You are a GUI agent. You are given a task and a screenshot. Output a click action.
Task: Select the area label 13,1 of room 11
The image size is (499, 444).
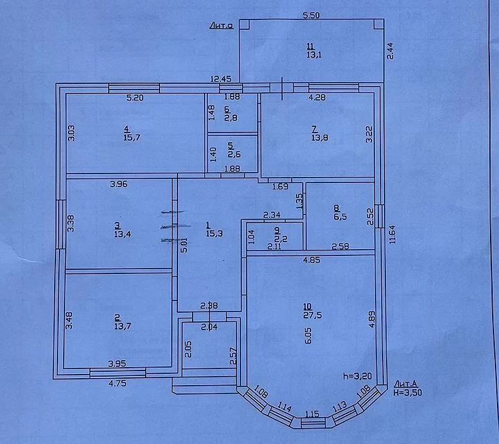click(x=311, y=58)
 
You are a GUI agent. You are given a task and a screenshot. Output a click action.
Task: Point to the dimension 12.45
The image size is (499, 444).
click(x=221, y=80)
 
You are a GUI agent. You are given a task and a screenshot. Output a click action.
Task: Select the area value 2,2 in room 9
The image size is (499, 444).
click(x=277, y=238)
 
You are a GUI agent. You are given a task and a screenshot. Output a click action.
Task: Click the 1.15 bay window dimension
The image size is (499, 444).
click(x=312, y=414)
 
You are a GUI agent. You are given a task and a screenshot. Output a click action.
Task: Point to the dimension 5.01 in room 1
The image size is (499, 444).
click(x=183, y=245)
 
